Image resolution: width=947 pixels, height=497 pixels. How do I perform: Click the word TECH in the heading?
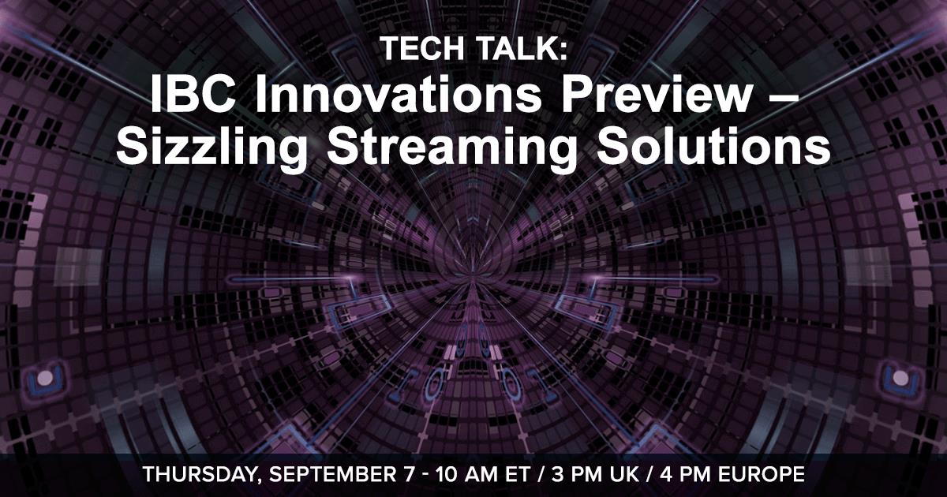[x=422, y=48]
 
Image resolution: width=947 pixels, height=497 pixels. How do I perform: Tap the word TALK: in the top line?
[x=522, y=48]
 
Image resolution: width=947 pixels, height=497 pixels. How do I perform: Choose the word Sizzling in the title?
[x=211, y=147]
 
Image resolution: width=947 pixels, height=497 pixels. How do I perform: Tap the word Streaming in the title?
[x=451, y=147]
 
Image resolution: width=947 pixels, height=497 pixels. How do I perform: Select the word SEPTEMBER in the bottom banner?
[x=333, y=474]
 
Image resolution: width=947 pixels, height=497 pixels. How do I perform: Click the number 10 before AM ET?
[x=447, y=474]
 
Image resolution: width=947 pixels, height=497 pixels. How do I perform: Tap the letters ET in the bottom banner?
[x=518, y=474]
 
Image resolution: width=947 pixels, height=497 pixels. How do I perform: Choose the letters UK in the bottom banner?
[x=624, y=474]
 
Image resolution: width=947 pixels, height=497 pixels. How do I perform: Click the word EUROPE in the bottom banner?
[x=762, y=474]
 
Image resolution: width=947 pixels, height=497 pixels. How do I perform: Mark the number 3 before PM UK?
[x=557, y=474]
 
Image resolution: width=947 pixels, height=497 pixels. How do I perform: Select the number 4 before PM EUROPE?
[x=666, y=474]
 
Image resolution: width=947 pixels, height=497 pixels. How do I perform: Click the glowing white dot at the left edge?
[x=45, y=378]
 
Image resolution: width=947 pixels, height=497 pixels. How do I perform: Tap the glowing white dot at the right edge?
[x=901, y=378]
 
